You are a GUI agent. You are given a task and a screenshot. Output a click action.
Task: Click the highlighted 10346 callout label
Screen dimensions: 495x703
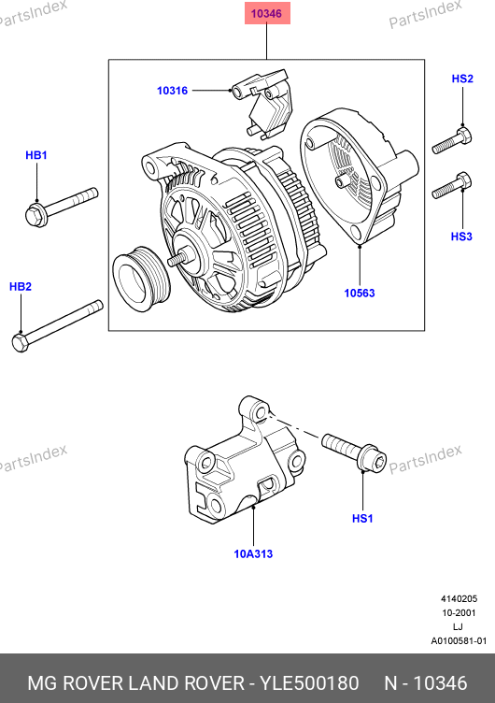coord(267,13)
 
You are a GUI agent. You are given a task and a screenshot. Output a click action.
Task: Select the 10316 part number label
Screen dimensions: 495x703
coord(172,91)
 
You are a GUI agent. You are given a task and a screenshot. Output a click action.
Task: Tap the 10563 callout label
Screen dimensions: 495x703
coord(360,294)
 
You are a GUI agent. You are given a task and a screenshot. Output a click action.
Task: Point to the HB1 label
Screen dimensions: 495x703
coord(36,155)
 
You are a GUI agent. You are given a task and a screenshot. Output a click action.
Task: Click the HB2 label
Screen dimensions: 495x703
coord(21,286)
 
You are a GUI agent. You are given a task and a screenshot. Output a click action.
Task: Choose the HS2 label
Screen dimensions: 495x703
coord(462,79)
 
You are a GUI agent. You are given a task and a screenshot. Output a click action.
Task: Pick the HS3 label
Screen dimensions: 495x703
coord(461,237)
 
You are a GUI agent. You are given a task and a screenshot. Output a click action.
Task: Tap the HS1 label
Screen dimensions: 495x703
coord(362,519)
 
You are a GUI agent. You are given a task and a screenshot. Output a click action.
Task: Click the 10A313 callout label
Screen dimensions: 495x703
coord(253,554)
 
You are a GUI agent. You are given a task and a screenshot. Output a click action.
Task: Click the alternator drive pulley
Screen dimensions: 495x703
coord(141,279)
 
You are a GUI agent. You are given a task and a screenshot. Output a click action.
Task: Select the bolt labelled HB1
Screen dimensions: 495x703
coord(62,208)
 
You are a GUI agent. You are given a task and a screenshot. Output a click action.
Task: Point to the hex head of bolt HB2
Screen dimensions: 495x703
coord(21,343)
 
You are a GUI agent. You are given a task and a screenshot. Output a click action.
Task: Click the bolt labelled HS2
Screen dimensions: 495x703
coord(451,140)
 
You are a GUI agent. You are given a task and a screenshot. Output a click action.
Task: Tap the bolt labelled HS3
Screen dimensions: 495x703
coord(451,186)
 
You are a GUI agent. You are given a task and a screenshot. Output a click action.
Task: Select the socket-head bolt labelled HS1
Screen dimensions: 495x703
coord(354,452)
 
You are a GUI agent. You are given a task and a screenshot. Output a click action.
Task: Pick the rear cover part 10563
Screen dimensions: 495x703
coord(359,175)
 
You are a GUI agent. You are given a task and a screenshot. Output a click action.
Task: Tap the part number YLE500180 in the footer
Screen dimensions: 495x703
coord(309,683)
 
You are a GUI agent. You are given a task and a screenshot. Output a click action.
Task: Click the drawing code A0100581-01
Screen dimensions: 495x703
coord(459,641)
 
